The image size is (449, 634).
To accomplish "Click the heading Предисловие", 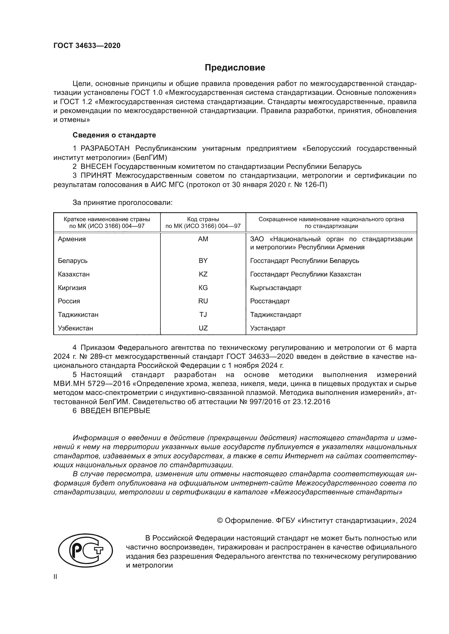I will (x=235, y=68).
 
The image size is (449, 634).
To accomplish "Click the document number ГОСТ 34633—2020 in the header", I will (x=87, y=46).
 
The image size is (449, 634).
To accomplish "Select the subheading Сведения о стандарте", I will (x=114, y=135).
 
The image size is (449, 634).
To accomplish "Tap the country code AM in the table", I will (x=203, y=239).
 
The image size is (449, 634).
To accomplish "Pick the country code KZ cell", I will (x=203, y=274).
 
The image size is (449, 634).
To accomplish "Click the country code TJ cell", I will (x=203, y=314).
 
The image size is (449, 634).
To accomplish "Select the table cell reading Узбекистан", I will (x=75, y=328).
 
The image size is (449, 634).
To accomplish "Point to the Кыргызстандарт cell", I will (x=276, y=288).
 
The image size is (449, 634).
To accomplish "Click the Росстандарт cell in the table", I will (x=270, y=301).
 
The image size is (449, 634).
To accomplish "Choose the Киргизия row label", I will (x=72, y=288).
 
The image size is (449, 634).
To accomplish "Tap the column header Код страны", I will (x=203, y=219).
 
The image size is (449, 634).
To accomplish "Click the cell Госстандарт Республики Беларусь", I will (x=304, y=261).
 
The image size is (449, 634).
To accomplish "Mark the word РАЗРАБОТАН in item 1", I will (x=105, y=149).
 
